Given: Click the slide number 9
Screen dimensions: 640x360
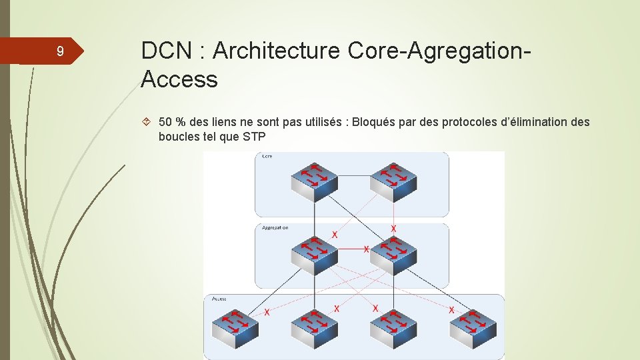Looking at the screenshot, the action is point(60,52).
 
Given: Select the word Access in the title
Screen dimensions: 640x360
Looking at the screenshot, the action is point(179,79).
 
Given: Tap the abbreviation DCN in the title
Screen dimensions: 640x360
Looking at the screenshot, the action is point(166,51).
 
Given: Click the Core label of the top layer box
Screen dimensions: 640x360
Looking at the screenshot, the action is point(267,156).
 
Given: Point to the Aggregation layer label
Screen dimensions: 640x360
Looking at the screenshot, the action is point(275,227).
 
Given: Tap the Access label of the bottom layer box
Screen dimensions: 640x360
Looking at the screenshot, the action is point(219,299).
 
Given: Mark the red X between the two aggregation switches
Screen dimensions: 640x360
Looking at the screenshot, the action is point(366,249).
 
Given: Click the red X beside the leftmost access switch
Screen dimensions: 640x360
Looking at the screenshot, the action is point(267,312).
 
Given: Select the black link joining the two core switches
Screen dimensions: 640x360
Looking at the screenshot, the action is point(353,176).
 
